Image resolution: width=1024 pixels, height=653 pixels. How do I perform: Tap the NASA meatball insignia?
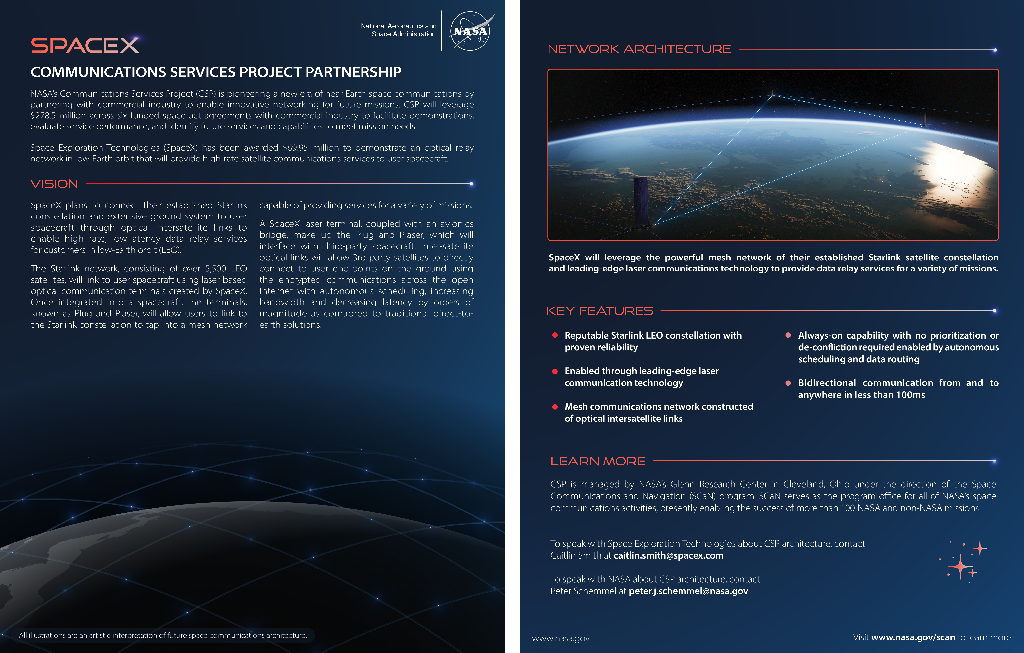(470, 31)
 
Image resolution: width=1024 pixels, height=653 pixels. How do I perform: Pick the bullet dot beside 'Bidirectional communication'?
(788, 383)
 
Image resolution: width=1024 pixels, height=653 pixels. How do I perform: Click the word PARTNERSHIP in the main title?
(353, 72)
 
